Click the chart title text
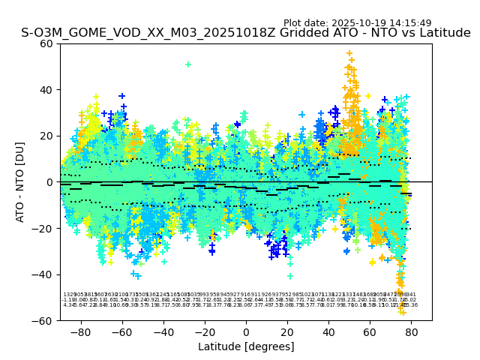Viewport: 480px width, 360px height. [246, 33]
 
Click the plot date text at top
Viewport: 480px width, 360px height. [357, 23]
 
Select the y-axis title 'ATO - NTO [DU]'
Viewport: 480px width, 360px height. [20, 181]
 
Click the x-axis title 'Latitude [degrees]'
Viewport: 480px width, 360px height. [246, 346]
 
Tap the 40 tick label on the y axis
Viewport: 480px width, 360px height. [46, 90]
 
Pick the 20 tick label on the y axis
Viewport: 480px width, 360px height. [46, 136]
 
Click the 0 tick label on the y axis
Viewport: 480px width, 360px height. [49, 182]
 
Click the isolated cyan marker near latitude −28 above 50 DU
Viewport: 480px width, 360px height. [188, 64]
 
